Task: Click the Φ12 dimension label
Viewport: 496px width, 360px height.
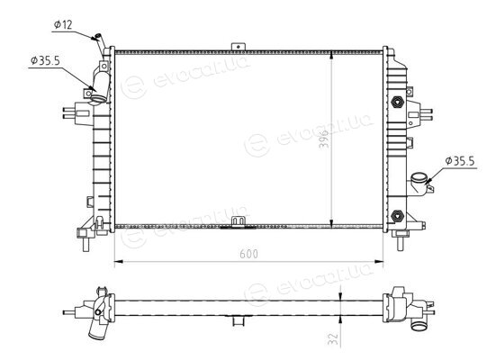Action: pyautogui.click(x=63, y=24)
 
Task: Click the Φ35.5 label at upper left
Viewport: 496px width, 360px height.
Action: pyautogui.click(x=45, y=60)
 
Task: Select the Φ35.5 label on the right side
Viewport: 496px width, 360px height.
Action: pyautogui.click(x=460, y=161)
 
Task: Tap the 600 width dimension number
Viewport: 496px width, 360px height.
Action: pyautogui.click(x=248, y=254)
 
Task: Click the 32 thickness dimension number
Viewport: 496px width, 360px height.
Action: pyautogui.click(x=334, y=338)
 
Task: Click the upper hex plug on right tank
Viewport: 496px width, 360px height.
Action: pyautogui.click(x=397, y=102)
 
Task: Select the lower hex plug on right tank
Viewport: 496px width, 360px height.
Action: pyautogui.click(x=397, y=216)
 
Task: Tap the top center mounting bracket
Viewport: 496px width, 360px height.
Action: pyautogui.click(x=239, y=47)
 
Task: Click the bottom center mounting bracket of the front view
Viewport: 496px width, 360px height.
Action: pyautogui.click(x=239, y=221)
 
